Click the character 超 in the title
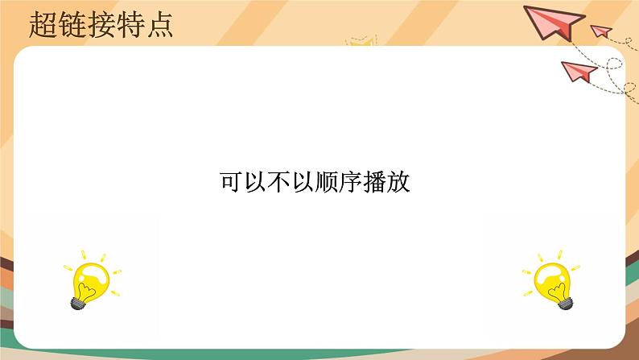(x=41, y=25)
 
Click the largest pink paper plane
(x=552, y=21)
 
